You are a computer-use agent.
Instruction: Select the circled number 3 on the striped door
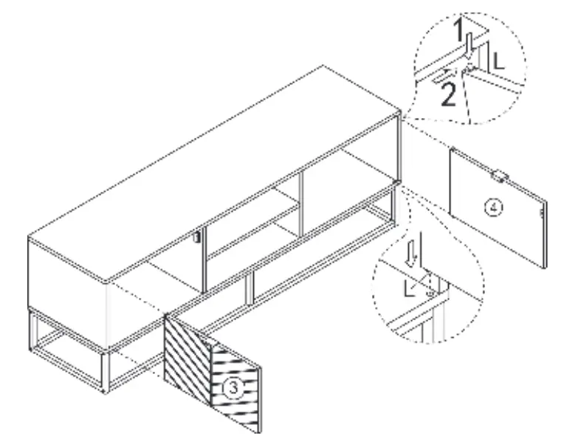point(232,387)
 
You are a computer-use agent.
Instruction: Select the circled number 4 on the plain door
point(496,208)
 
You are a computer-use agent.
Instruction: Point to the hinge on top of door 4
point(499,175)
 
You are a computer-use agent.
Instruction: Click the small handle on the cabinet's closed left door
point(197,238)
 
